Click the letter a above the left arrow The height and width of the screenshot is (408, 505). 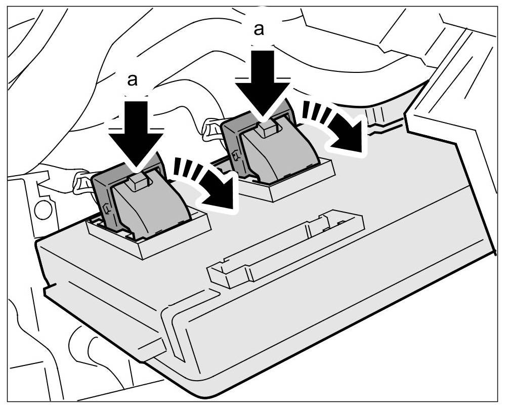click(x=133, y=80)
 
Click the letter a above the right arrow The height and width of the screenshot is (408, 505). click(x=259, y=30)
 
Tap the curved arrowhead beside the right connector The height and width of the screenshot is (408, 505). click(x=349, y=137)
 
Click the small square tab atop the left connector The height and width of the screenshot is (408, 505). click(x=138, y=181)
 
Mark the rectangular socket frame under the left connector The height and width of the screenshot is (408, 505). click(x=147, y=243)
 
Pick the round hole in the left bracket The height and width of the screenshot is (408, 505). click(x=43, y=209)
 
